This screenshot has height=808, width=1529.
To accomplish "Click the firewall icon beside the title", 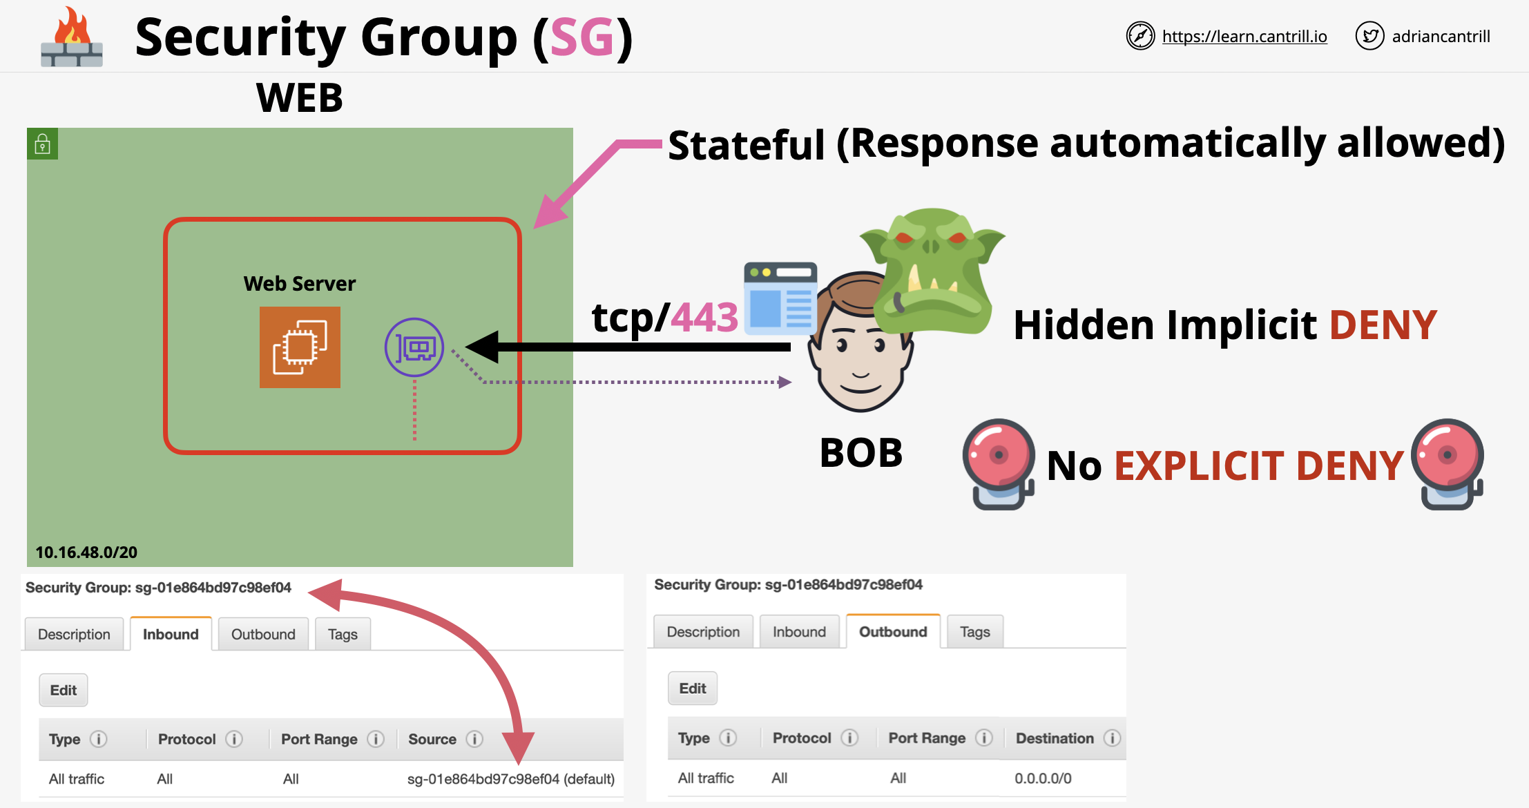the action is pyautogui.click(x=72, y=39).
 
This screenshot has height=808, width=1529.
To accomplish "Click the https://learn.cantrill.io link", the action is pyautogui.click(x=1244, y=37).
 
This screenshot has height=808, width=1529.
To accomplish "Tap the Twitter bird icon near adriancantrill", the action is pyautogui.click(x=1369, y=36).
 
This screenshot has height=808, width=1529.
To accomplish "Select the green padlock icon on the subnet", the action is pyautogui.click(x=43, y=144).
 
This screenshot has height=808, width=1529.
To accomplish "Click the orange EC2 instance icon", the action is pyautogui.click(x=300, y=347).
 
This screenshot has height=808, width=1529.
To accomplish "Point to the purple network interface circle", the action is pyautogui.click(x=414, y=347).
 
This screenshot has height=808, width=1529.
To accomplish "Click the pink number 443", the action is pyautogui.click(x=704, y=318).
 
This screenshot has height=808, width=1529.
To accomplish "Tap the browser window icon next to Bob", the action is pyautogui.click(x=780, y=298).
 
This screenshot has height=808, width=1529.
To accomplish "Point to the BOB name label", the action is pyautogui.click(x=861, y=453).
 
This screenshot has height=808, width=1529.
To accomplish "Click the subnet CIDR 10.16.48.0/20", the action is pyautogui.click(x=86, y=552).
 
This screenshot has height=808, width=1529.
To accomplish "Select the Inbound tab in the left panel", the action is pyautogui.click(x=171, y=634).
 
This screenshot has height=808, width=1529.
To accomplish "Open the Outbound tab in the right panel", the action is pyautogui.click(x=892, y=632).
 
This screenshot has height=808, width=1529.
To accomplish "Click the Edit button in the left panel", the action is pyautogui.click(x=64, y=690).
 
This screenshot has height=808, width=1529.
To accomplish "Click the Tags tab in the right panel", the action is pyautogui.click(x=974, y=632).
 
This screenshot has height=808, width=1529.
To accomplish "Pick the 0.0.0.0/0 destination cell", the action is pyautogui.click(x=1043, y=778).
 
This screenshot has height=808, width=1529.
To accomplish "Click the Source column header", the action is pyautogui.click(x=432, y=739).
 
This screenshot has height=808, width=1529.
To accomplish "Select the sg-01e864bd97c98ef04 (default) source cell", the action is pyautogui.click(x=510, y=779).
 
